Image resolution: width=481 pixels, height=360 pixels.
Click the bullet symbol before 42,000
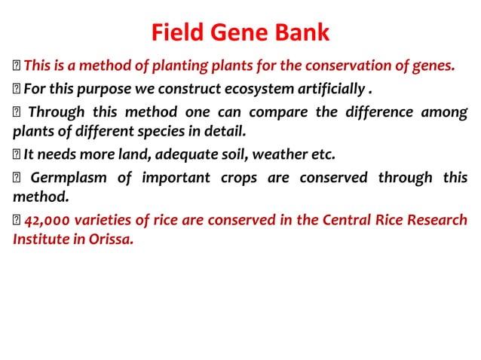(17, 222)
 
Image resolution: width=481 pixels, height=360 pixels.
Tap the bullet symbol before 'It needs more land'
(17, 157)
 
